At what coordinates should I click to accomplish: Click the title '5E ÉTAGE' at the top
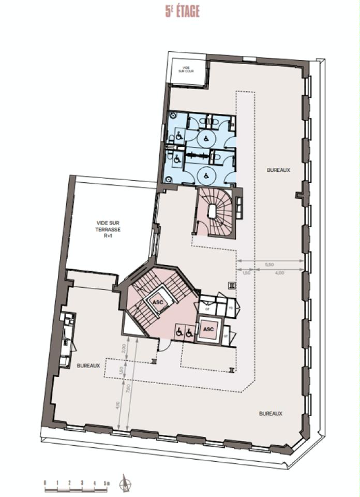[x=182, y=11]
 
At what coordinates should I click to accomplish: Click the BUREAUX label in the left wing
[x=88, y=366]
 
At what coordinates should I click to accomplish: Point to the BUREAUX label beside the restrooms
[x=278, y=170]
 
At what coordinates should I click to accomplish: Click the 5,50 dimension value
[x=269, y=265]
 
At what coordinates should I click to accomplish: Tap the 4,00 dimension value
[x=279, y=273]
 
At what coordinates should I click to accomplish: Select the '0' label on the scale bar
[x=46, y=483]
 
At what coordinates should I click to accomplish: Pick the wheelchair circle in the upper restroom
[x=205, y=138]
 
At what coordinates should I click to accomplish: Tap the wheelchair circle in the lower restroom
[x=205, y=174]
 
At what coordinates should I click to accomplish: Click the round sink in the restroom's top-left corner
[x=172, y=116]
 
